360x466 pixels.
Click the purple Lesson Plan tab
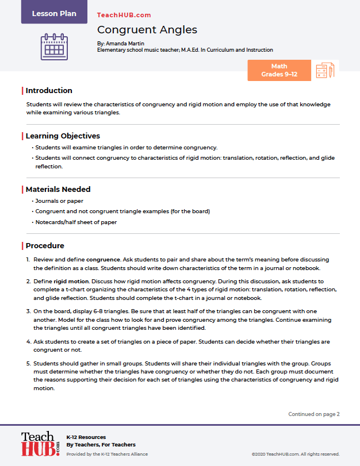pyautogui.click(x=54, y=13)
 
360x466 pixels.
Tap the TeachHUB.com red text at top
pyautogui.click(x=124, y=15)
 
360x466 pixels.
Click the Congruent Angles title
pyautogui.click(x=147, y=29)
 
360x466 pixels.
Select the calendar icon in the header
pyautogui.click(x=54, y=47)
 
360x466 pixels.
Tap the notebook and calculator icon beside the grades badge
pyautogui.click(x=325, y=71)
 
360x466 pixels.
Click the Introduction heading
pyautogui.click(x=49, y=91)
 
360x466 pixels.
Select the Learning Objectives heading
pyautogui.click(x=63, y=136)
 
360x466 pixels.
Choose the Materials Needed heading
pyautogui.click(x=58, y=189)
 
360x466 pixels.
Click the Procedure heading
pyautogui.click(x=45, y=246)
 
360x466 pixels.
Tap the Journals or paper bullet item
pyautogui.click(x=59, y=201)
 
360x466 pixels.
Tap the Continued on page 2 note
pyautogui.click(x=314, y=414)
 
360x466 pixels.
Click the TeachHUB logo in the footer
pyautogui.click(x=40, y=444)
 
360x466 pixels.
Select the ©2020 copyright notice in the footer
pyautogui.click(x=295, y=454)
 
